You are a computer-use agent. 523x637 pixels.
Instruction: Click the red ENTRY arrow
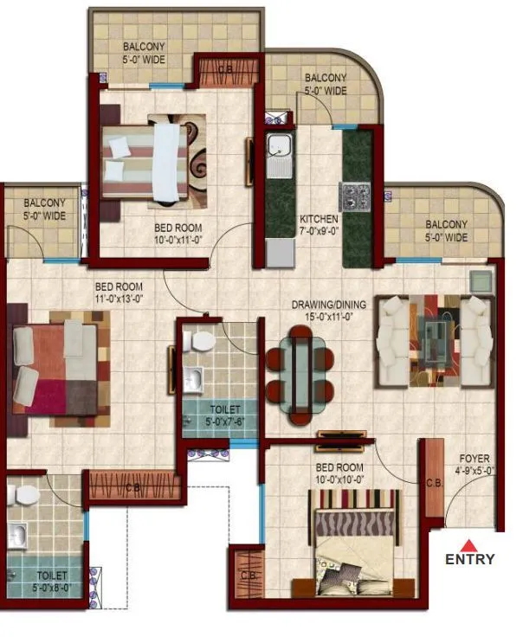coord(468,545)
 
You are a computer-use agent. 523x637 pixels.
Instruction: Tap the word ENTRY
coord(470,559)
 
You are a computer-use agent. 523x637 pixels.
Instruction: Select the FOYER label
coord(474,465)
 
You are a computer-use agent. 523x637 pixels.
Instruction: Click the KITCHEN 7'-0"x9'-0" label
coord(319,225)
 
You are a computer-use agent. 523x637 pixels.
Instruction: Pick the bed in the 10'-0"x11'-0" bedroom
coord(145,161)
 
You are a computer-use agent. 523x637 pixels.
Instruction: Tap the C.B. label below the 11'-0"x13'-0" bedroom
coord(133,487)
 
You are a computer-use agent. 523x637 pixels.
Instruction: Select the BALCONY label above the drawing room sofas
coord(446,230)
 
